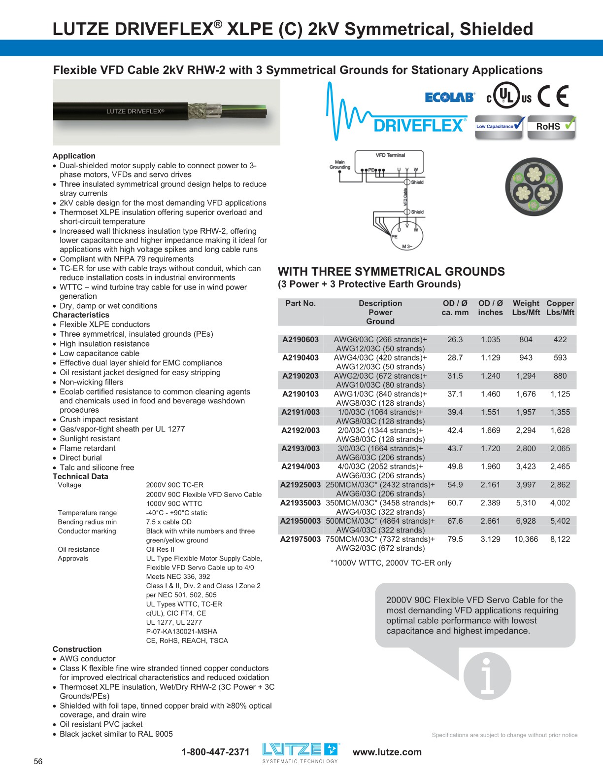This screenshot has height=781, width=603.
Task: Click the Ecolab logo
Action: coord(449,97)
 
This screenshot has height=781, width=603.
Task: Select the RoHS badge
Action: coord(551,126)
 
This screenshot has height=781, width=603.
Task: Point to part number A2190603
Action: coord(301,340)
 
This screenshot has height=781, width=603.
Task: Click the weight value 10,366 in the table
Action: coord(526,539)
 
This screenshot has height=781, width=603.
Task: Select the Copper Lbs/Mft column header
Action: coord(560,308)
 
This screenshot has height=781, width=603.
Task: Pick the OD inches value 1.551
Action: coord(490,412)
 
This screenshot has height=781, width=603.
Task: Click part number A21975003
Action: coord(301,539)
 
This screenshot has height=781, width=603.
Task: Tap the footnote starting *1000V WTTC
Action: coord(391,563)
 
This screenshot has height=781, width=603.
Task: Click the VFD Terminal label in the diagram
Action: coord(390,155)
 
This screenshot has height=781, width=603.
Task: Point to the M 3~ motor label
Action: coord(406,246)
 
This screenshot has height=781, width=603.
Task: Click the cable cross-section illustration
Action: coord(534,186)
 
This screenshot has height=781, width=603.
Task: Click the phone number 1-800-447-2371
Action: coord(215,752)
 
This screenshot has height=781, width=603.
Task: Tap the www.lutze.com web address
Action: coord(387,752)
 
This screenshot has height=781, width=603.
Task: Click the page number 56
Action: coord(38,762)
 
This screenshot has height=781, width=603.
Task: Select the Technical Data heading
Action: coord(80,476)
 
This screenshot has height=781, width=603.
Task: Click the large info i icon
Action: coord(487,676)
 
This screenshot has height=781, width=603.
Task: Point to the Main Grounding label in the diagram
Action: coord(339,165)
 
